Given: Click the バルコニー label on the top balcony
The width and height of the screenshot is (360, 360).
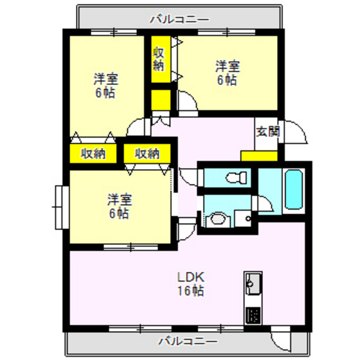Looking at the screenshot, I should [179, 19].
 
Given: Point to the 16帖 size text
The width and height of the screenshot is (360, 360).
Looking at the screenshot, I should [190, 291].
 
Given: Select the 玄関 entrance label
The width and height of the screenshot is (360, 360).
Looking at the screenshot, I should [267, 132].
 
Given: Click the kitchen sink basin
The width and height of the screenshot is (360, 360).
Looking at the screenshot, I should [252, 282].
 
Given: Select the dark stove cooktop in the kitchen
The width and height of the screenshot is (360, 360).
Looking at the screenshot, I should [252, 316].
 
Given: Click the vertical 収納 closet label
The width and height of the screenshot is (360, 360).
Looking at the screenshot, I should [159, 59].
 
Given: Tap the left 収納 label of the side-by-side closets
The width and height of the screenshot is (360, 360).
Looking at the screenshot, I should [93, 154].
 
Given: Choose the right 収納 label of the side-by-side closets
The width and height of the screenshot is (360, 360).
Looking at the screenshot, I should [147, 154].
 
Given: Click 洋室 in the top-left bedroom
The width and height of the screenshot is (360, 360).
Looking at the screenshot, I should [105, 80].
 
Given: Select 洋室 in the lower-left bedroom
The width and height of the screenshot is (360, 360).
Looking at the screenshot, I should [120, 200].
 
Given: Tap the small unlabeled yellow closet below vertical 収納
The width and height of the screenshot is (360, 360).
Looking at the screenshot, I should [161, 101].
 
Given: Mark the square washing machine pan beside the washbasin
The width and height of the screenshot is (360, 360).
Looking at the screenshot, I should [243, 220].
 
